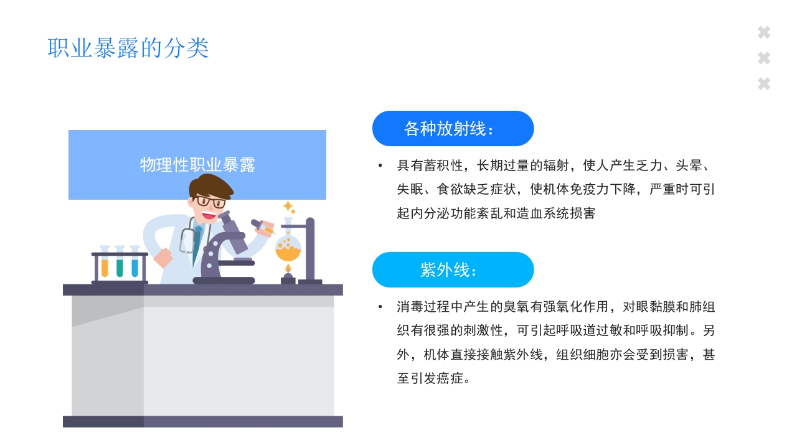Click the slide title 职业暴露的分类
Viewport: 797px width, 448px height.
point(128,48)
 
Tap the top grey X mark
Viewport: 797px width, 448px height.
point(764,32)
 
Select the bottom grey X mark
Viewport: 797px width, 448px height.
point(764,83)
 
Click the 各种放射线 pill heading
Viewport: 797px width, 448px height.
point(453,129)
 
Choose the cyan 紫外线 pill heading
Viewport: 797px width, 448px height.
point(453,270)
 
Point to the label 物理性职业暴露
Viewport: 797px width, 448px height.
point(197,165)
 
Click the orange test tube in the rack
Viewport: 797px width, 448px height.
point(105,266)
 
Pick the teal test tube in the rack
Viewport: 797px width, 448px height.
point(120,266)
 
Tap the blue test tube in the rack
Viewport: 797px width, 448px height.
point(134,266)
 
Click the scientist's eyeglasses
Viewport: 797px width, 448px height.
point(210,202)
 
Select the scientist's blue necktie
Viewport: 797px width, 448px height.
point(197,243)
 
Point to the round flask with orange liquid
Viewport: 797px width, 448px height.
point(288,246)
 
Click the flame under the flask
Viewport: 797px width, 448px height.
point(288,269)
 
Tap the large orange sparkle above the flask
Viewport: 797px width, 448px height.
point(288,206)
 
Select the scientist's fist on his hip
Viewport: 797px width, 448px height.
point(163,257)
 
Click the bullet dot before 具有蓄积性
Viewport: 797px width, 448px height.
point(380,166)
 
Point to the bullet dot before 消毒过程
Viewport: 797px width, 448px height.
point(380,307)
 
